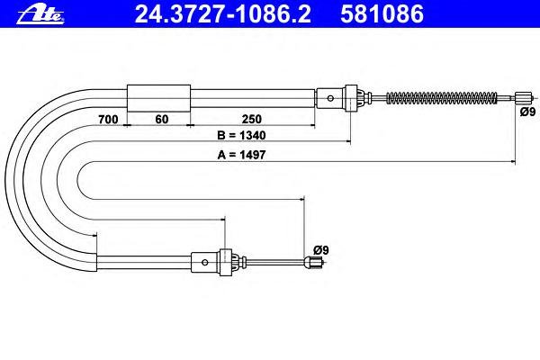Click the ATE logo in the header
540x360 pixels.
[40, 15]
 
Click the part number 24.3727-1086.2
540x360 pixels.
[223, 14]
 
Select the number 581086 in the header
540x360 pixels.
[382, 14]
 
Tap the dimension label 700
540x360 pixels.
[108, 120]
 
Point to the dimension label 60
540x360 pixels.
[161, 119]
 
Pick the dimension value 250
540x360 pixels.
[252, 119]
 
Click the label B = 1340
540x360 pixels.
[241, 135]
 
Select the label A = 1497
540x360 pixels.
[241, 155]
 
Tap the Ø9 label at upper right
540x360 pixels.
[527, 112]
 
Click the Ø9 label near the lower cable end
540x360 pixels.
[321, 250]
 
